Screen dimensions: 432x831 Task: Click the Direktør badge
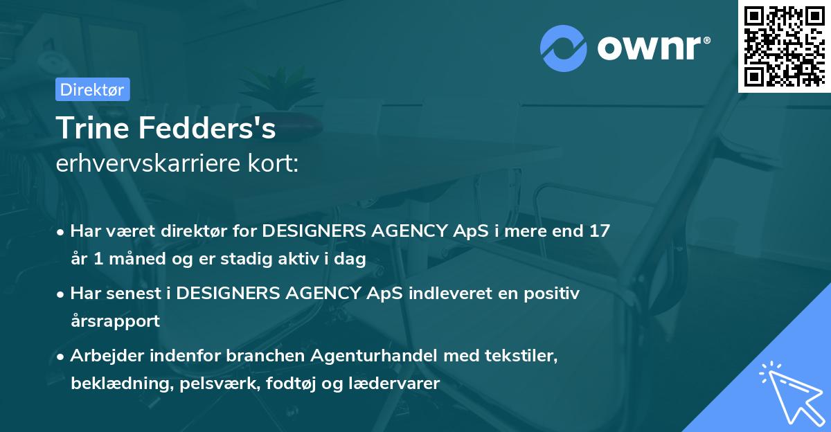click(x=92, y=89)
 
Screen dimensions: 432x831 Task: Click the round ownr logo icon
click(x=563, y=48)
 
